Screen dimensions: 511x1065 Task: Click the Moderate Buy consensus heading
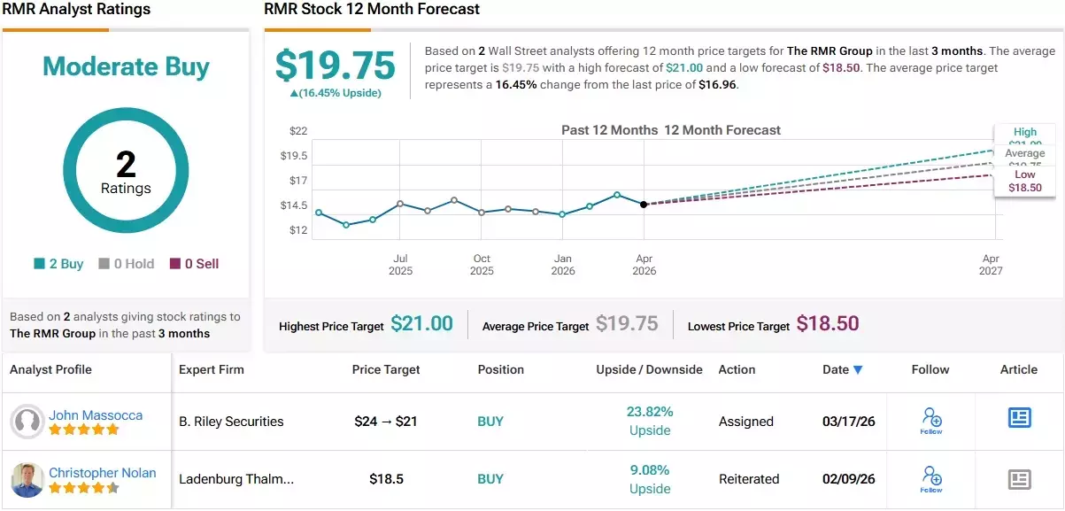click(x=126, y=67)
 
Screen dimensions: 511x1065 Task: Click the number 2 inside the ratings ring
click(x=126, y=164)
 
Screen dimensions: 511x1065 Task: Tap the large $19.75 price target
click(x=335, y=66)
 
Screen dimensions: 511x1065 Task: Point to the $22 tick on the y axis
click(x=297, y=131)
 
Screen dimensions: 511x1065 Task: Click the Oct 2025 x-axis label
click(x=482, y=265)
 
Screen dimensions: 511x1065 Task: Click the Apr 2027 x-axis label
click(x=991, y=265)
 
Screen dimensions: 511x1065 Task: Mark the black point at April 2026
click(x=644, y=205)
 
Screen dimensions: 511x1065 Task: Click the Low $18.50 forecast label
click(x=1024, y=182)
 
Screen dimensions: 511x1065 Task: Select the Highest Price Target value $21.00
click(x=421, y=324)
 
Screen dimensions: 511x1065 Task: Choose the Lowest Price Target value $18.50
click(x=827, y=324)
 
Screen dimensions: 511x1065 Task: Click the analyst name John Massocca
click(x=96, y=415)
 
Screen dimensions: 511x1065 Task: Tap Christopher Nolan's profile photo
click(x=27, y=479)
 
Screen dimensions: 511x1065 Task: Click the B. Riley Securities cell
click(x=231, y=422)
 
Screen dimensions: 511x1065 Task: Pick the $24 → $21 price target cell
click(x=386, y=422)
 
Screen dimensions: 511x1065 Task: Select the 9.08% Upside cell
click(x=650, y=479)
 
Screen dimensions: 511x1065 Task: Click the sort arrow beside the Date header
click(x=858, y=370)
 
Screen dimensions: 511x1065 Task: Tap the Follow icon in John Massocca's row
click(x=930, y=420)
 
